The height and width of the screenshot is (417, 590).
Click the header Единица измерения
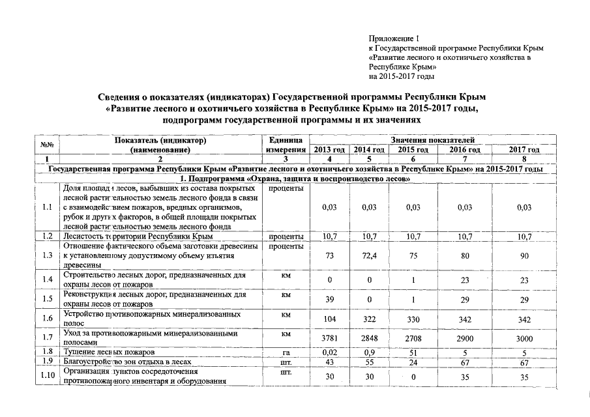(x=285, y=145)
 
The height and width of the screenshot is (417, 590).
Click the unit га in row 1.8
(x=285, y=352)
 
